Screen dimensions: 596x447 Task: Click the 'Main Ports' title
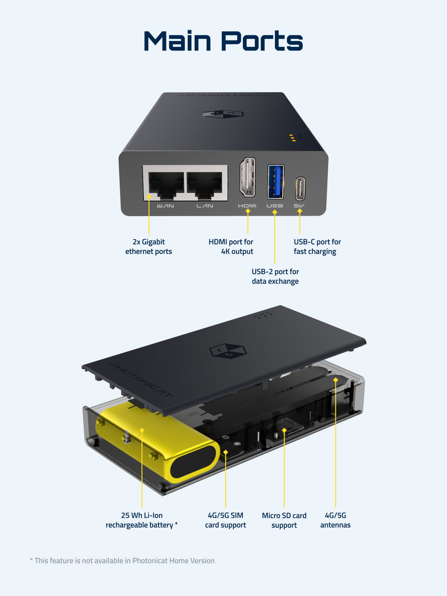point(223,41)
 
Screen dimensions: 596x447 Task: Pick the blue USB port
point(275,181)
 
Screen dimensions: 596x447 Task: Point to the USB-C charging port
point(300,189)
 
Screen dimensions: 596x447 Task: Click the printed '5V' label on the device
point(299,206)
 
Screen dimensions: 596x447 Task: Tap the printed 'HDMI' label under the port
point(247,206)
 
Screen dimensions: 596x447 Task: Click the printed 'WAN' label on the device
point(165,206)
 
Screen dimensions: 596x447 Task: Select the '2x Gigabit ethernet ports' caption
point(149,247)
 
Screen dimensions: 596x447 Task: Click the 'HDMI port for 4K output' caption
point(231,247)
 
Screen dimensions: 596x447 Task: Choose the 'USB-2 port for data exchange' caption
point(275,277)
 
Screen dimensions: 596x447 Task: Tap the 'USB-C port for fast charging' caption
point(317,247)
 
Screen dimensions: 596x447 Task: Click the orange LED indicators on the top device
point(292,138)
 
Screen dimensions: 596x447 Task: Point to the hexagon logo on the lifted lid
point(228,350)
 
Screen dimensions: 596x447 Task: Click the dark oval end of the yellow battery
point(194,462)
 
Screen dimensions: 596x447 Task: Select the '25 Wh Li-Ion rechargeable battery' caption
point(141,520)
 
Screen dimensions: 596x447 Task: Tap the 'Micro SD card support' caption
point(284,520)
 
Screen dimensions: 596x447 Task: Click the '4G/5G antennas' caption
point(335,520)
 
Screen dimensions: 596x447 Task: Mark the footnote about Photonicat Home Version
point(122,561)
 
